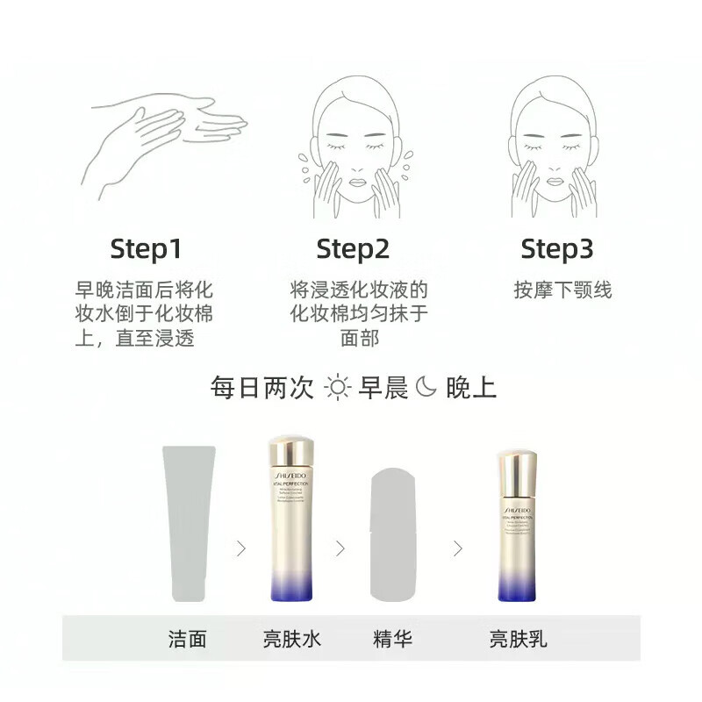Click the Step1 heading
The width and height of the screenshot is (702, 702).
tap(146, 249)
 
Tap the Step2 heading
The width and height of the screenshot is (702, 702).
tap(353, 249)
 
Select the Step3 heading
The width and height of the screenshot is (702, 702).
tap(558, 249)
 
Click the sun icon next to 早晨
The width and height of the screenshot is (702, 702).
tap(337, 387)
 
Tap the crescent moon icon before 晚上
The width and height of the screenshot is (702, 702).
tap(426, 387)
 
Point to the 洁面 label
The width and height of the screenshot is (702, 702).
tap(187, 638)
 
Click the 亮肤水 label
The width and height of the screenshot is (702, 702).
tap(292, 638)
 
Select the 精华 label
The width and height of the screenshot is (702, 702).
tap(392, 638)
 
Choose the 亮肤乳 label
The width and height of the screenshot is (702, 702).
tap(518, 638)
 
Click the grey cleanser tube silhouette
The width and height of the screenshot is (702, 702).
tap(188, 522)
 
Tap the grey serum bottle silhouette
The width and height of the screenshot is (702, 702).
tap(393, 535)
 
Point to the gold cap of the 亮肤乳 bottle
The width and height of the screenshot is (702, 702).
tap(517, 471)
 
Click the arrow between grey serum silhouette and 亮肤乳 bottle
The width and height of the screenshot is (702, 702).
tap(457, 548)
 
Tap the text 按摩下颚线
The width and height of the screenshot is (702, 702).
tap(562, 290)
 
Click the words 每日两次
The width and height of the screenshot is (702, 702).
tap(261, 387)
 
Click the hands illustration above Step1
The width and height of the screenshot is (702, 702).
tap(167, 140)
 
